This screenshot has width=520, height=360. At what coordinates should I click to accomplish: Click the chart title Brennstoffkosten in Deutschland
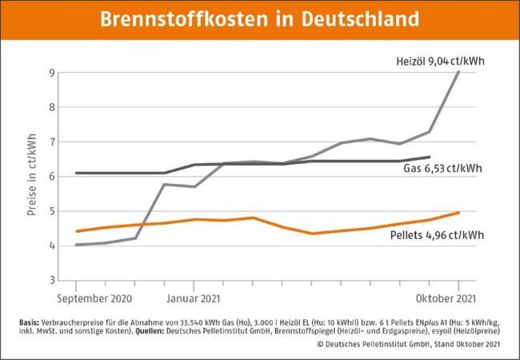260,18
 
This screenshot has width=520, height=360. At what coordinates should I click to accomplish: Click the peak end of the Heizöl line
458,71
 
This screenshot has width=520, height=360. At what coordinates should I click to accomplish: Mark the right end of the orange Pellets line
458,212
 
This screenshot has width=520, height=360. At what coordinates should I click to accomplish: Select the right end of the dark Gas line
430,158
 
